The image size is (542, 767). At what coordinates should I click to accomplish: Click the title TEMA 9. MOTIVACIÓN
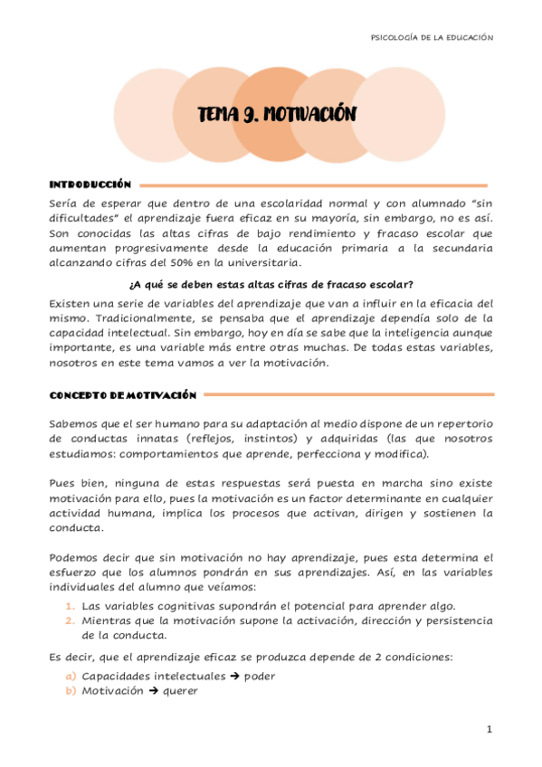tap(278, 114)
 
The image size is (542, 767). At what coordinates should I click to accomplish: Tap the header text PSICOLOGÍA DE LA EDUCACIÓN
tap(433, 37)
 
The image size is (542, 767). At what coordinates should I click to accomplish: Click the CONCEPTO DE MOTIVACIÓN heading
tap(122, 394)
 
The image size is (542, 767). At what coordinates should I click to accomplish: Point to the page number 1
tap(489, 729)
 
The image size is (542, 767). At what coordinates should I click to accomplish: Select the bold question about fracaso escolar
tap(271, 284)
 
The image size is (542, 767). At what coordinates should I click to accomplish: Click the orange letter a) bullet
tap(70, 676)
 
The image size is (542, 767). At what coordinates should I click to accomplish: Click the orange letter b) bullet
tap(70, 690)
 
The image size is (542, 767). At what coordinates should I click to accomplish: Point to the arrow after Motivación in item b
tap(153, 690)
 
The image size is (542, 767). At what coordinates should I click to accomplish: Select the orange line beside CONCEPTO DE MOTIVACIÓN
tap(348, 394)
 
